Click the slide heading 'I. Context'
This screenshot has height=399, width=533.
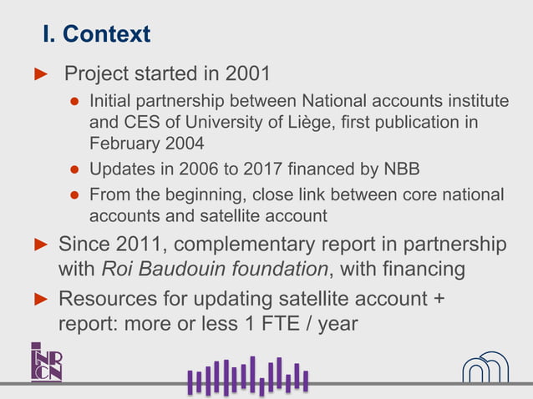click(96, 34)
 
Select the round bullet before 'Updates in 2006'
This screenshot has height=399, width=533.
click(74, 170)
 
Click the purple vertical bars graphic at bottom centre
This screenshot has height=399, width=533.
click(248, 377)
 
